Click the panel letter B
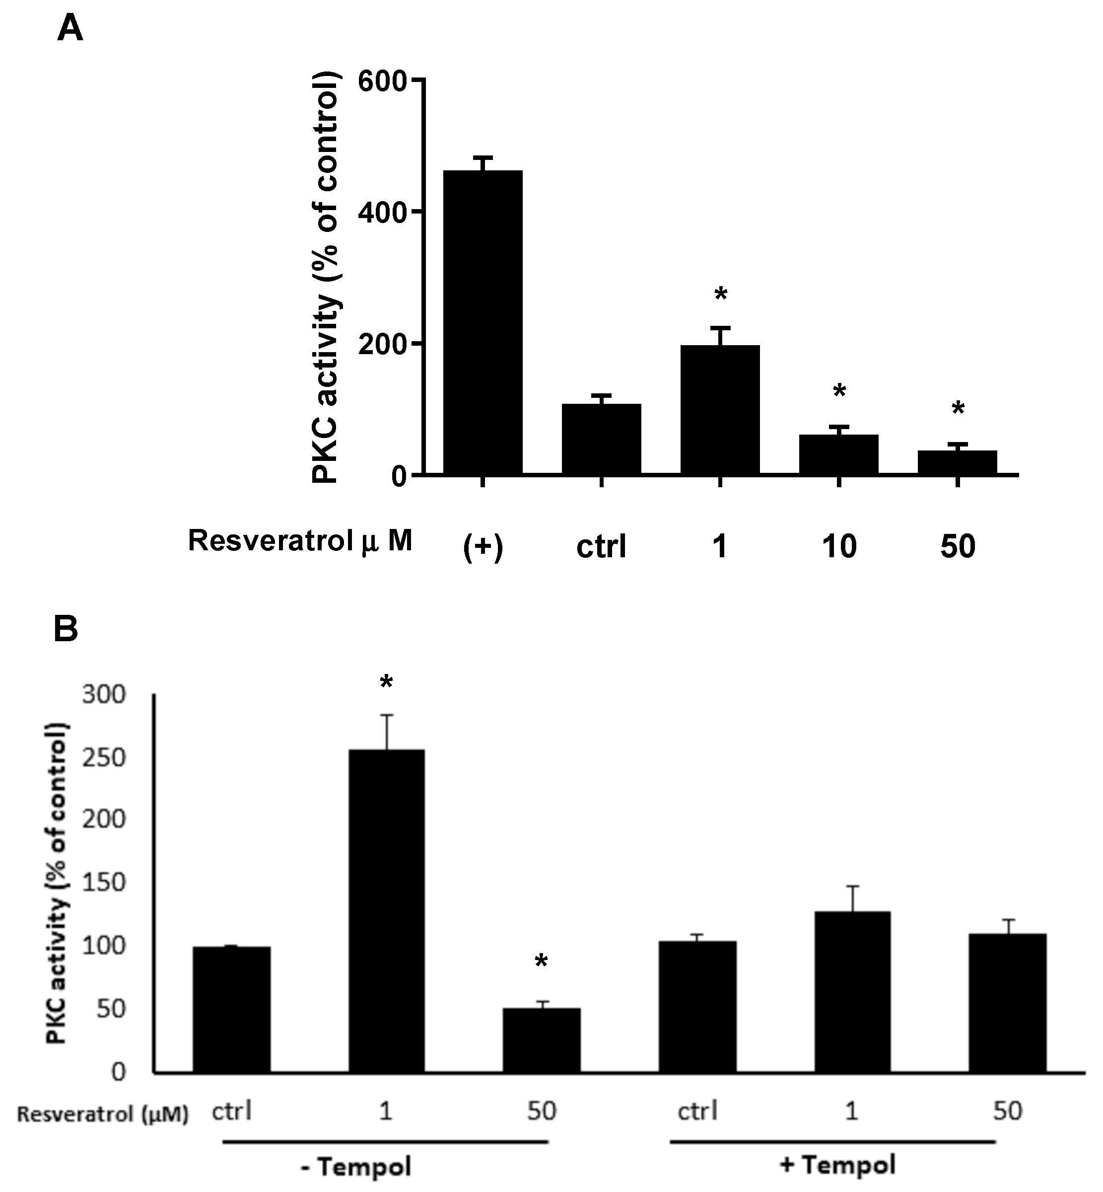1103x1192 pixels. click(66, 629)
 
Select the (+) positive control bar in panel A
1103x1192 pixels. click(483, 322)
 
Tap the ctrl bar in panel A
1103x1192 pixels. click(601, 439)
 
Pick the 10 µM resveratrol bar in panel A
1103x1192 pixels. click(838, 454)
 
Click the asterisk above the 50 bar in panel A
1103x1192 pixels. click(958, 410)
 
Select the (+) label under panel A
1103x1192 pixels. click(483, 546)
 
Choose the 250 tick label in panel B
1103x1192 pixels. click(104, 758)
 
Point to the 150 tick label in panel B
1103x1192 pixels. click(104, 883)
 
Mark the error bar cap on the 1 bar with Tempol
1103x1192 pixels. click(852, 886)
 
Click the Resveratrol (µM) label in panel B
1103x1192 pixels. click(103, 1114)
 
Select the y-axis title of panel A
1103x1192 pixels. click(326, 278)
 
